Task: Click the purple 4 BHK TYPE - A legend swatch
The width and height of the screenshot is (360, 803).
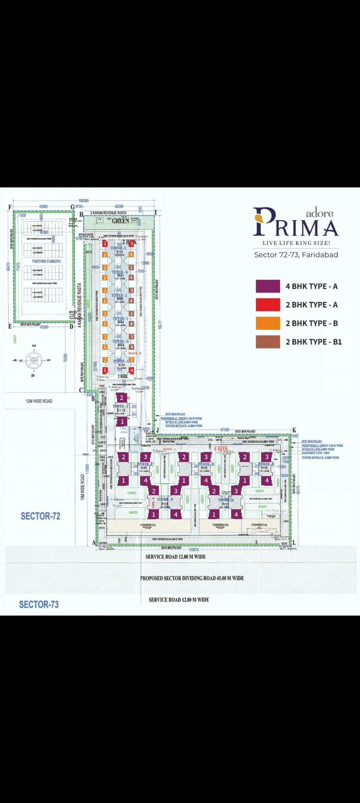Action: coord(268,286)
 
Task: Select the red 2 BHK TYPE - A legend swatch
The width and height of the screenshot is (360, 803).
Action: coord(268,305)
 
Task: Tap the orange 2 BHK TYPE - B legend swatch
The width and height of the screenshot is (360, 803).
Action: coord(268,323)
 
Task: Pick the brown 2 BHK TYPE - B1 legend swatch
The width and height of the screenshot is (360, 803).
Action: coord(268,342)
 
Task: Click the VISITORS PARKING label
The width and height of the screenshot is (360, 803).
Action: coord(46,261)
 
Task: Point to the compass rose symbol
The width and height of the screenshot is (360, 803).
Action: coord(34,360)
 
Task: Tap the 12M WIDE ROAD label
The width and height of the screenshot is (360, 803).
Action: coord(39,401)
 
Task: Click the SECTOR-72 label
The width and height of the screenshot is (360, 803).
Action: coord(40,516)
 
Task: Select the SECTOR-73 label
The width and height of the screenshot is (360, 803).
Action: coord(39,604)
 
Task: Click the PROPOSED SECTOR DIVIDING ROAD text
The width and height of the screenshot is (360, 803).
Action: coord(192,578)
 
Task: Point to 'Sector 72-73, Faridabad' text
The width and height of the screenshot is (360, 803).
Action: coord(296,255)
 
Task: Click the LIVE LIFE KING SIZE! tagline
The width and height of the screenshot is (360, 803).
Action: coord(296,243)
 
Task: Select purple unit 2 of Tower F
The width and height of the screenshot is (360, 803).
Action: coord(122,398)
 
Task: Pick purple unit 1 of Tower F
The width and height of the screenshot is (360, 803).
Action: coord(122,422)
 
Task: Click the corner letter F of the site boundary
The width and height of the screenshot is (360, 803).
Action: coord(9,207)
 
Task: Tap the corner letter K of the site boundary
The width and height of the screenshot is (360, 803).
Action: coord(294,430)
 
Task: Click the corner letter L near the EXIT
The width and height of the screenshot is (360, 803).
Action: coord(294,543)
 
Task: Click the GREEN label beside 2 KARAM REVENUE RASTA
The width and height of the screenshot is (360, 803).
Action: coord(121,221)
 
